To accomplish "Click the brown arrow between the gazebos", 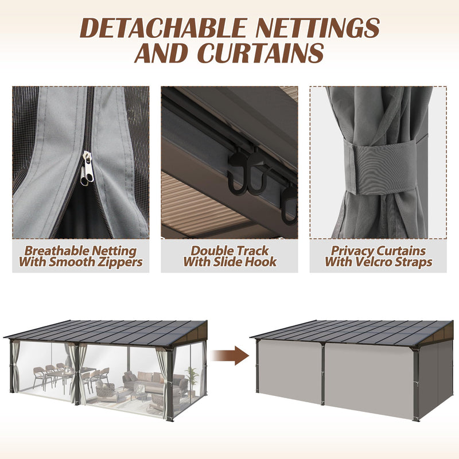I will click(x=229, y=355).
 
